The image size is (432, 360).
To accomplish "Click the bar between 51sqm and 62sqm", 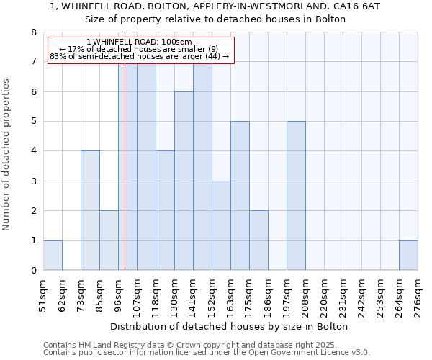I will tap(53, 256).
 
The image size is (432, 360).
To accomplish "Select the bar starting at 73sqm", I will tap(90, 210).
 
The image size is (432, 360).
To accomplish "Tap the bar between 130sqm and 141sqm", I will tap(184, 181).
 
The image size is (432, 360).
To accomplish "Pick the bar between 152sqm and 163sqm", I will tap(221, 225).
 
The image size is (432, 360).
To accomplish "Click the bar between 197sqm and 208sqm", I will tap(296, 196).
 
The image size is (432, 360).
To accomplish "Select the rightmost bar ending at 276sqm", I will tap(408, 256).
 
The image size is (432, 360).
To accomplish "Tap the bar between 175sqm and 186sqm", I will tap(258, 240).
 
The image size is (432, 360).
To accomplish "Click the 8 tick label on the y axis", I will tap(33, 32).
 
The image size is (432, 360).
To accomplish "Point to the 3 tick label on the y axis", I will tap(33, 181).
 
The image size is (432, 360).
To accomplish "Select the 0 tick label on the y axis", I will tap(33, 271).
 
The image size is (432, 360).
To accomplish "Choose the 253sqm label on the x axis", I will tap(380, 296).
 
